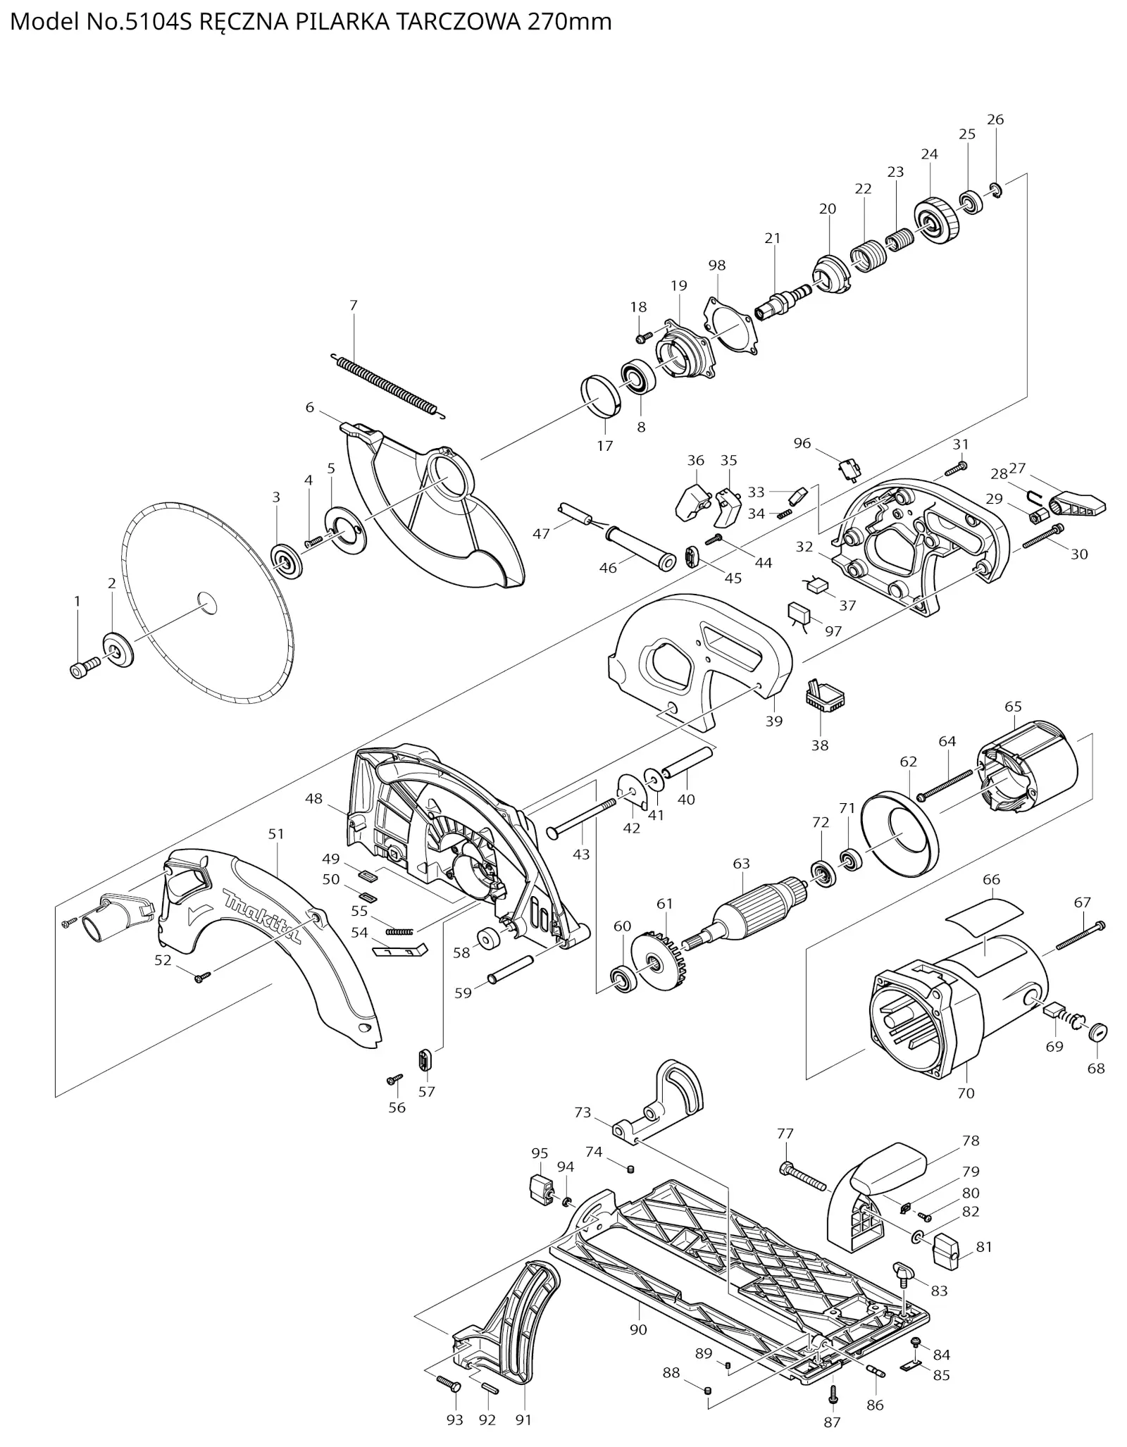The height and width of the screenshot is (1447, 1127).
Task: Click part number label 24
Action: click(929, 154)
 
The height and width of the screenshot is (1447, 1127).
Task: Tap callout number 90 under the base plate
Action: click(638, 1329)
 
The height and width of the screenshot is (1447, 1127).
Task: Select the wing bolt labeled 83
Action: click(902, 1272)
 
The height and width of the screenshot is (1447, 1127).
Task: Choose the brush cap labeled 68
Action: click(1098, 1033)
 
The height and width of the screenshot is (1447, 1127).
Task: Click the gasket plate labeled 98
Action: click(730, 325)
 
